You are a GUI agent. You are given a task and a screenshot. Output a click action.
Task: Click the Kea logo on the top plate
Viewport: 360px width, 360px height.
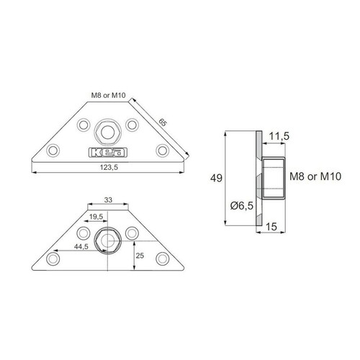107,152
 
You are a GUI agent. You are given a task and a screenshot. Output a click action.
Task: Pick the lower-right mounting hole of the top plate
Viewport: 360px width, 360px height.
163,151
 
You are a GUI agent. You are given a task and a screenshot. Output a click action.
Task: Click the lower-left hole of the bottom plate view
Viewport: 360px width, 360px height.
55,258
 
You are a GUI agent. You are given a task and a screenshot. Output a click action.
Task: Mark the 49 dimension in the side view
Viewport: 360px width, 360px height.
215,177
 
